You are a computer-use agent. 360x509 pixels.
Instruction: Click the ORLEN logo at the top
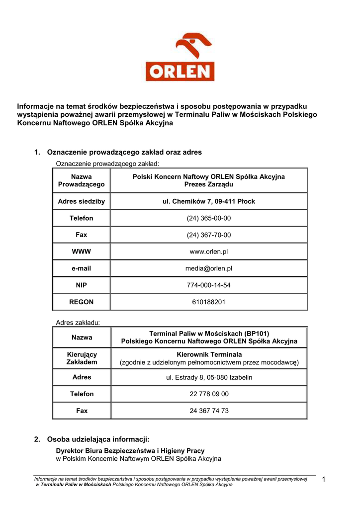coord(180,57)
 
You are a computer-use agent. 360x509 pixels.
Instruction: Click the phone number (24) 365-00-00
coord(209,218)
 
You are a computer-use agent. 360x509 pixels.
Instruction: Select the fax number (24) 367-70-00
coord(209,235)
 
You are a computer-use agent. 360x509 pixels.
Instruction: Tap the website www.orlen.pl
coord(209,252)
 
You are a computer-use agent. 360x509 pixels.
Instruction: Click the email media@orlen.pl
coord(209,268)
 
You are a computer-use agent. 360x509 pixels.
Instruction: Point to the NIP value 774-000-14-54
coord(209,285)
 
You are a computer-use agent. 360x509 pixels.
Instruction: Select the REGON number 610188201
coord(209,302)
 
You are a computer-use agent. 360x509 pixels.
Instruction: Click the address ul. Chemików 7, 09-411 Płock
coord(209,201)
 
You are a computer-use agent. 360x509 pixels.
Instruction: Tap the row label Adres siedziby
coord(82,201)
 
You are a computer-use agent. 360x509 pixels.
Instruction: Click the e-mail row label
coord(82,268)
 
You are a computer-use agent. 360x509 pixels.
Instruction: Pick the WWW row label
coord(82,252)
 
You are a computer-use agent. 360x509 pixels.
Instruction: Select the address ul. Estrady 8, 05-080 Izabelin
coord(209,377)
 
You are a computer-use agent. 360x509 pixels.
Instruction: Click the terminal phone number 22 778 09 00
coord(209,394)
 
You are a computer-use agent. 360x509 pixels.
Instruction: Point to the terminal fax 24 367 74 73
coord(209,411)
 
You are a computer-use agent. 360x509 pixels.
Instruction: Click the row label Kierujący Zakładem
coord(82,358)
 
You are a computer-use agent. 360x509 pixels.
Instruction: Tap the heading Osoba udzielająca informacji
coord(98,439)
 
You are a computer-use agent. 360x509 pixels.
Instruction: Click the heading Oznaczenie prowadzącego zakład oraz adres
coord(124,152)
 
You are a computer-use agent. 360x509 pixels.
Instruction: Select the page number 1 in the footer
coord(324,479)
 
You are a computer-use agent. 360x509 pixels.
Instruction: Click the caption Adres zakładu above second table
coord(78,322)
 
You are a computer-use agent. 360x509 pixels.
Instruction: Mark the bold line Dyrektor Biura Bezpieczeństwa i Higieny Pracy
coord(130,451)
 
